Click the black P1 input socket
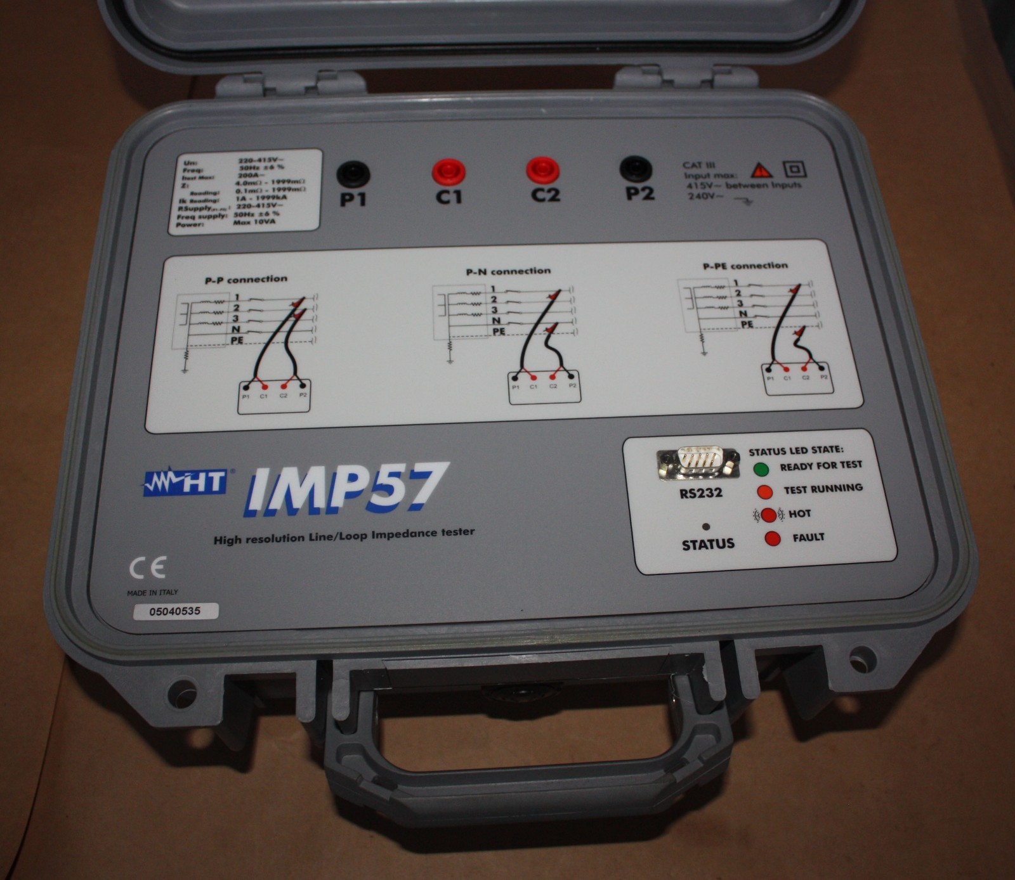tap(353, 173)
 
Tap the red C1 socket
tap(449, 171)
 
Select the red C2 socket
tap(543, 170)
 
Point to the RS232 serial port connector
tap(698, 461)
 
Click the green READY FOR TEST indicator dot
tap(761, 470)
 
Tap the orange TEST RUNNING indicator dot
tap(764, 492)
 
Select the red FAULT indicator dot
tap(773, 539)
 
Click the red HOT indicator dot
tap(769, 515)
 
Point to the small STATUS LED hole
tap(707, 526)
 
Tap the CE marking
tap(147, 567)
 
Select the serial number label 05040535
tap(174, 612)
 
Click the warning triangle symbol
tap(761, 170)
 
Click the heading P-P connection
tap(246, 280)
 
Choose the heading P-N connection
tap(508, 271)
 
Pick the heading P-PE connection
tap(745, 266)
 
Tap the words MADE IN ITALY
tap(153, 592)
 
